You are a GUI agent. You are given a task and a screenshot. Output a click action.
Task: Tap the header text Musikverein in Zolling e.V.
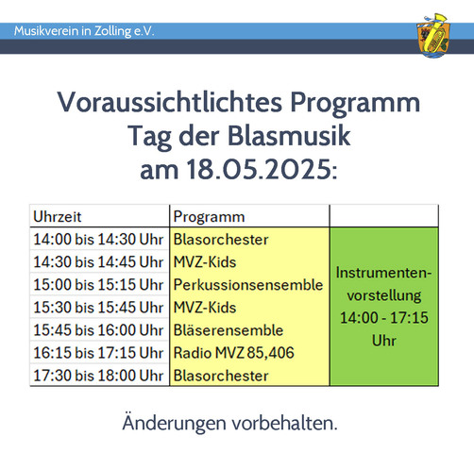coord(85,31)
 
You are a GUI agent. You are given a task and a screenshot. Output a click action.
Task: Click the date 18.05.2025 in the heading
coord(236,173)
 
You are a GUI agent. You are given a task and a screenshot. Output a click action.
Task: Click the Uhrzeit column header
coord(59,216)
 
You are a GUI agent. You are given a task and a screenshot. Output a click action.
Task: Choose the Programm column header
coord(209,216)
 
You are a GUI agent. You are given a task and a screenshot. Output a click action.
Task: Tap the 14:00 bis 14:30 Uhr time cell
coord(99,239)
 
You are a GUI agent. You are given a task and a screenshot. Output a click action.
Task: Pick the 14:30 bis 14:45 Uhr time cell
coord(99,261)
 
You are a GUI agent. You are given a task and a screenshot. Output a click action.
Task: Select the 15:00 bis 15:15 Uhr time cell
coord(99,284)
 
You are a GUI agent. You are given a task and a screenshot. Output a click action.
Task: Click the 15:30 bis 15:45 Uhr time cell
coord(99,307)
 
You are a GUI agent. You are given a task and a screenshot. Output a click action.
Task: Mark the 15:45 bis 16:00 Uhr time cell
coord(99,329)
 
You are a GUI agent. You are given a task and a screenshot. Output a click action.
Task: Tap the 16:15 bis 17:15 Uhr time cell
coord(99,352)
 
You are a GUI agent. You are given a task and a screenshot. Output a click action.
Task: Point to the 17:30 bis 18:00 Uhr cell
coord(99,375)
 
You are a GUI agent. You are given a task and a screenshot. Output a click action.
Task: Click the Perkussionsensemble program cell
coord(247,284)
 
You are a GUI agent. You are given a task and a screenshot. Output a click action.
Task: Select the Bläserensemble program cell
coord(229,329)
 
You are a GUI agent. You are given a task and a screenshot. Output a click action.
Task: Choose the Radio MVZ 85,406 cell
coord(234,352)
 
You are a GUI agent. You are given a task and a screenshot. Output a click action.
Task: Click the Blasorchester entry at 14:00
coord(221,239)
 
